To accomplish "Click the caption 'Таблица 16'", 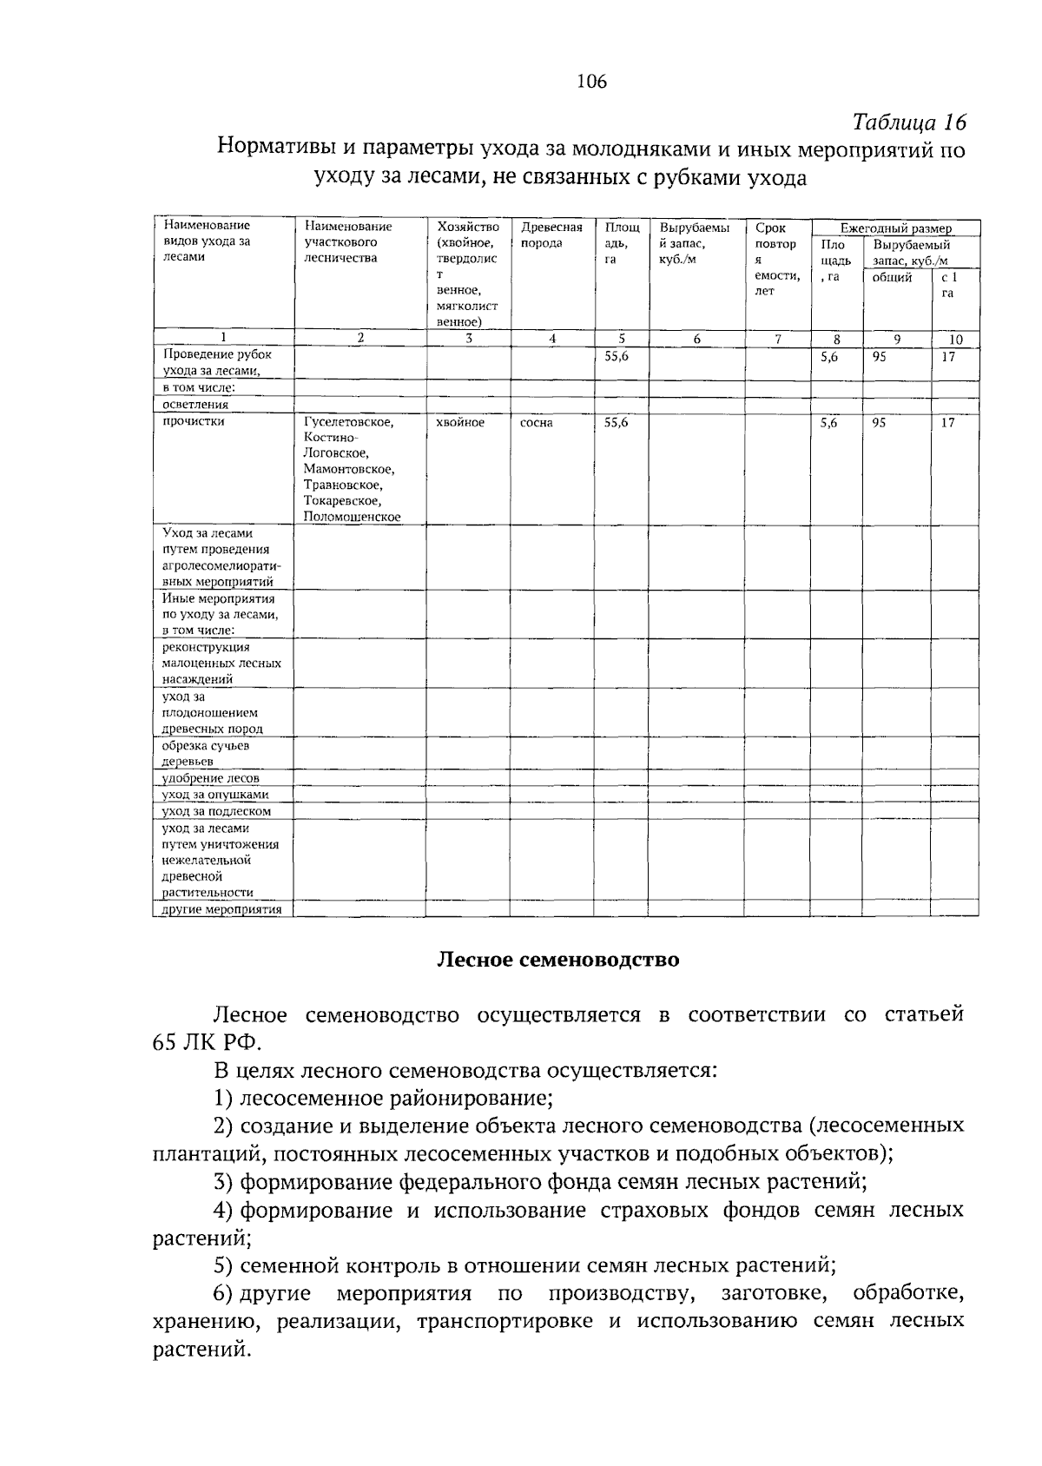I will pyautogui.click(x=908, y=121).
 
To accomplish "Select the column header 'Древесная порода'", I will pyautogui.click(x=551, y=235).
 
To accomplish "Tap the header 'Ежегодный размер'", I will pyautogui.click(x=895, y=228).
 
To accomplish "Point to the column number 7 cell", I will pyautogui.click(x=777, y=340).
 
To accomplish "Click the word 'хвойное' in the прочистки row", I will pyautogui.click(x=460, y=422).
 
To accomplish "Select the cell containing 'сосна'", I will pyautogui.click(x=536, y=423).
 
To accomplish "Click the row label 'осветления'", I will pyautogui.click(x=195, y=404).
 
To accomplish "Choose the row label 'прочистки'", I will pyautogui.click(x=193, y=421).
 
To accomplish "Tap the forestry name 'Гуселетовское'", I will pyautogui.click(x=348, y=422).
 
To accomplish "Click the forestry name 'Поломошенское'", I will pyautogui.click(x=352, y=517).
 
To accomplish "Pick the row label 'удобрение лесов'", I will pyautogui.click(x=210, y=778).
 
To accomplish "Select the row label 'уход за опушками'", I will pyautogui.click(x=215, y=795).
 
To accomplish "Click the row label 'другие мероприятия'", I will pyautogui.click(x=221, y=909).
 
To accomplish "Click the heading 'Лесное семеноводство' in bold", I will pyautogui.click(x=557, y=960).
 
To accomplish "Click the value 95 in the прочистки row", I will pyautogui.click(x=880, y=423).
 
